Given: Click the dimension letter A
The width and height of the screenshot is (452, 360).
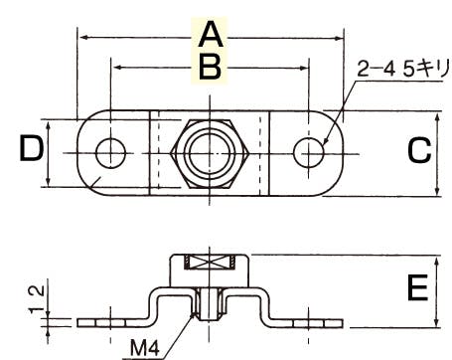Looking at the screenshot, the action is point(211,34).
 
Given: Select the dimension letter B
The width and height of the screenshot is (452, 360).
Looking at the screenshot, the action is point(210,68).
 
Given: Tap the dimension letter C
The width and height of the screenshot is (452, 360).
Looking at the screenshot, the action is point(419,151).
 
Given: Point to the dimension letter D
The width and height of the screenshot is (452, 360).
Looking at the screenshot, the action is point(32,149).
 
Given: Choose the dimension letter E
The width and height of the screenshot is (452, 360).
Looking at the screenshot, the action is point(417,288).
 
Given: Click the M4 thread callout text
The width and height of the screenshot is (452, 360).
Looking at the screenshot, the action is point(145,348).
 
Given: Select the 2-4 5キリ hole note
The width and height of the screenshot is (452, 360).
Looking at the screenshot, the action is point(403,69).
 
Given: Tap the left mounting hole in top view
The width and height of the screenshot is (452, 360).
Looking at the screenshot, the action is point(110,153).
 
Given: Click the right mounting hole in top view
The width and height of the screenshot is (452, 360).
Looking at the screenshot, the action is point(308,153).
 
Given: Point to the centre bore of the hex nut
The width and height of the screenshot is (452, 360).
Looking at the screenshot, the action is point(210,153).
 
